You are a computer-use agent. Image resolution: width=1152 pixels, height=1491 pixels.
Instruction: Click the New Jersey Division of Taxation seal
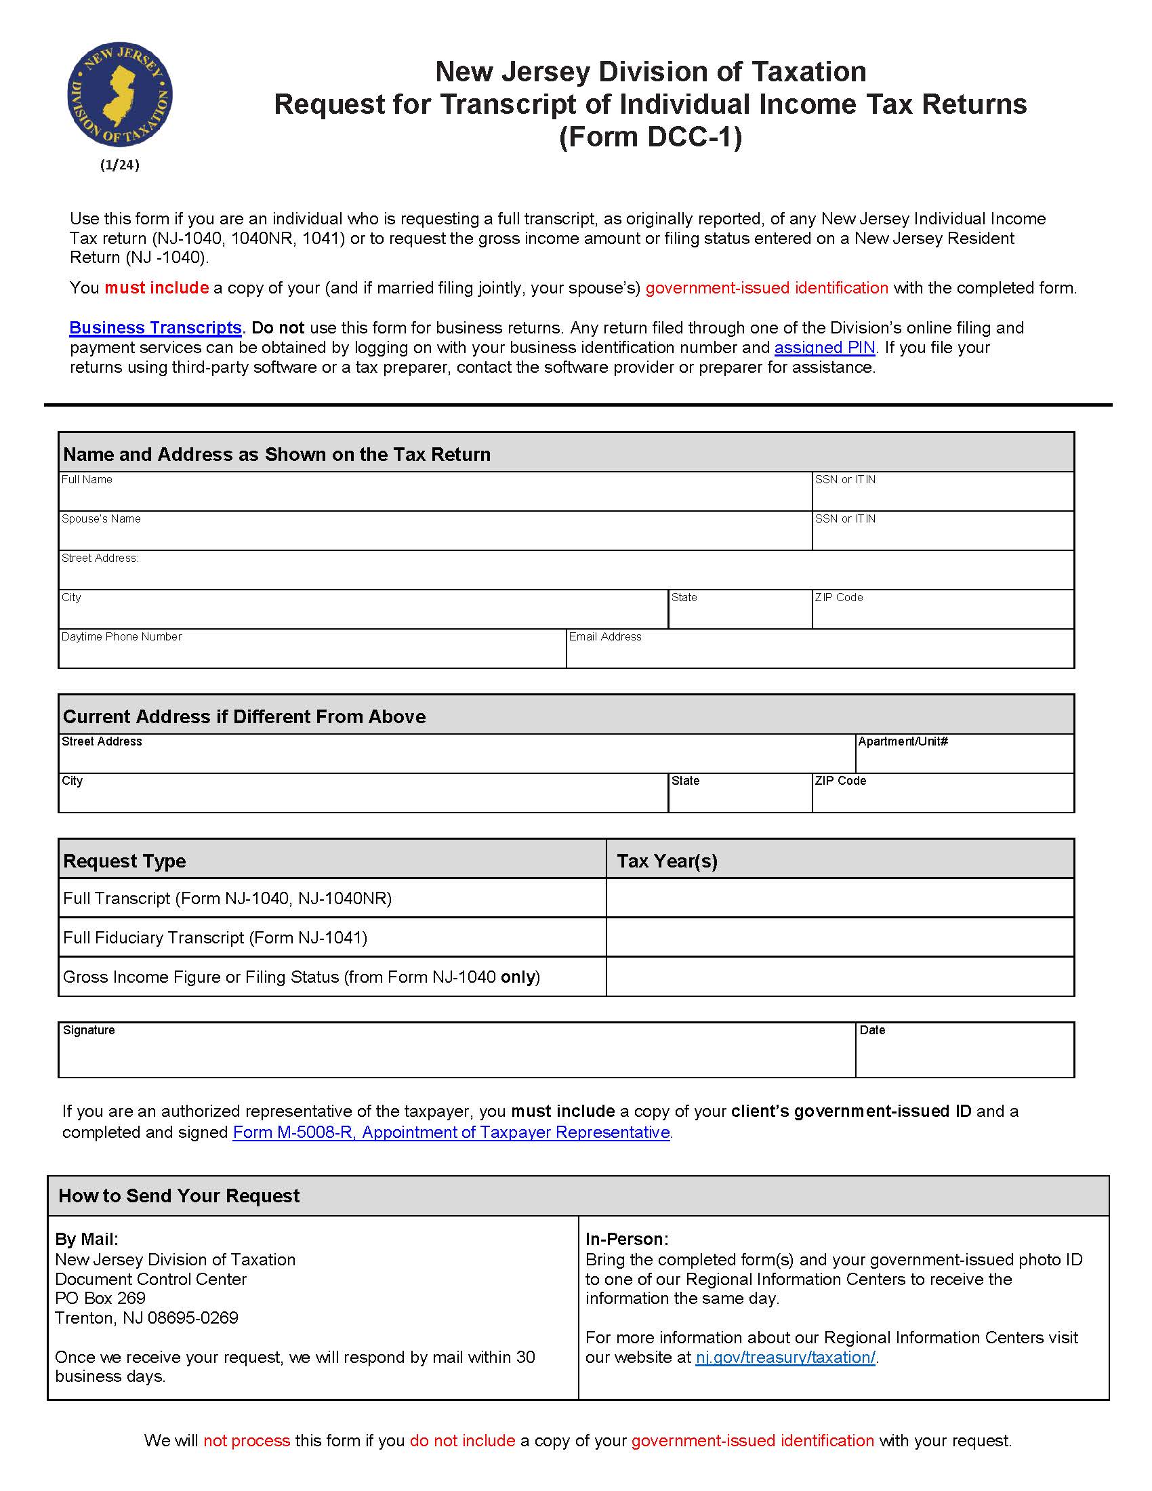click(x=119, y=94)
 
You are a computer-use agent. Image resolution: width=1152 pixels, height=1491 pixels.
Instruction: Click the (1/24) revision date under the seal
click(x=119, y=165)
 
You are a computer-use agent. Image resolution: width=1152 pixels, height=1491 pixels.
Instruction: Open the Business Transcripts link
click(x=155, y=328)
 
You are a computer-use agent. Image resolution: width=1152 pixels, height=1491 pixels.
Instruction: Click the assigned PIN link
click(x=825, y=348)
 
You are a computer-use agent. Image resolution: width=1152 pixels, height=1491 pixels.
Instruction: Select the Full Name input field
click(x=435, y=496)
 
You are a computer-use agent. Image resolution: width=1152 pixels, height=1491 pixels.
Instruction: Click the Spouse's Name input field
click(x=435, y=535)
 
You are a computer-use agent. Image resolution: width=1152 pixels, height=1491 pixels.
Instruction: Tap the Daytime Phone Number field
click(x=312, y=653)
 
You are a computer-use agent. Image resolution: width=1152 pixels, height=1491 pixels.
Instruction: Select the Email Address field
click(x=820, y=653)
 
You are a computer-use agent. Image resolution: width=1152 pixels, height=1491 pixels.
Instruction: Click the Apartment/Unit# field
click(x=964, y=758)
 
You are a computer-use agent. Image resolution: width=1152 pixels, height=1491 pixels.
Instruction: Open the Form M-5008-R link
click(x=451, y=1132)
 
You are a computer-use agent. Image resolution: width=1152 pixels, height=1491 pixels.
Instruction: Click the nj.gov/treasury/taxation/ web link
click(x=785, y=1357)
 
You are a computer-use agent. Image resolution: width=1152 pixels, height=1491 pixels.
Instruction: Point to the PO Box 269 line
click(x=100, y=1298)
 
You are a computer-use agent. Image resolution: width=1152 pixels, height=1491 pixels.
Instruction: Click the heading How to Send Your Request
click(x=179, y=1196)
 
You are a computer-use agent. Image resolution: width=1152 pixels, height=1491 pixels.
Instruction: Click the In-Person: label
click(x=627, y=1239)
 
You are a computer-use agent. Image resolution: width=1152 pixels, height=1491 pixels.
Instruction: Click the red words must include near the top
click(x=157, y=288)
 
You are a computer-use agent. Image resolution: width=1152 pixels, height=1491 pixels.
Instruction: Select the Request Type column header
click(x=124, y=861)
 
